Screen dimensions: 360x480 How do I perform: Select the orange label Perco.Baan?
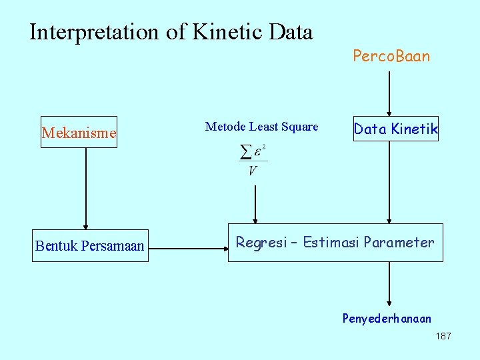(x=391, y=56)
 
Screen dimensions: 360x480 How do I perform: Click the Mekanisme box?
(x=79, y=133)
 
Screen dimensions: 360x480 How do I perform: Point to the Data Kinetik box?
(x=396, y=129)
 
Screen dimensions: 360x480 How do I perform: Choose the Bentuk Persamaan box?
(x=90, y=246)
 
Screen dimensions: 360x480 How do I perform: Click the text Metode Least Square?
(x=262, y=127)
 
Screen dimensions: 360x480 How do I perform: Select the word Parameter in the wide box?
(x=399, y=243)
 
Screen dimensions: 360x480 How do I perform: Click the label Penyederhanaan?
(x=387, y=319)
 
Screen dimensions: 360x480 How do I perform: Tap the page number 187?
(x=443, y=336)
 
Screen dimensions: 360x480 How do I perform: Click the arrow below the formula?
(x=255, y=204)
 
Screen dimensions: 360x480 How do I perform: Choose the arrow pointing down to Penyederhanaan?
(x=389, y=284)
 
